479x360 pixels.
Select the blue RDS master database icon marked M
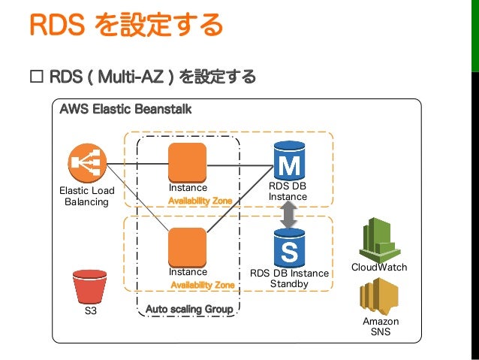[288, 161]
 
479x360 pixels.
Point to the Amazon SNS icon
[379, 296]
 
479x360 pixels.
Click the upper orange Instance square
[187, 162]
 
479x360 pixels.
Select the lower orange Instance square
[187, 247]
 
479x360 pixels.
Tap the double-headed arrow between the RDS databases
[288, 215]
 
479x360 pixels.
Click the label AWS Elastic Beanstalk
[125, 110]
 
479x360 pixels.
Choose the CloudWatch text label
[379, 268]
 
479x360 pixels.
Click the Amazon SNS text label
[381, 326]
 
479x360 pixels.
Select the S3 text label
[90, 310]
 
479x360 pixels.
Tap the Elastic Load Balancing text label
[86, 196]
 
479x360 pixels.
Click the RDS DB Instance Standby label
[289, 278]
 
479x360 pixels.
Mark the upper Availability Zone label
[200, 201]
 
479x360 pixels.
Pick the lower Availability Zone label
[202, 286]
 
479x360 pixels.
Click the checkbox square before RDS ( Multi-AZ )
[35, 77]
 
